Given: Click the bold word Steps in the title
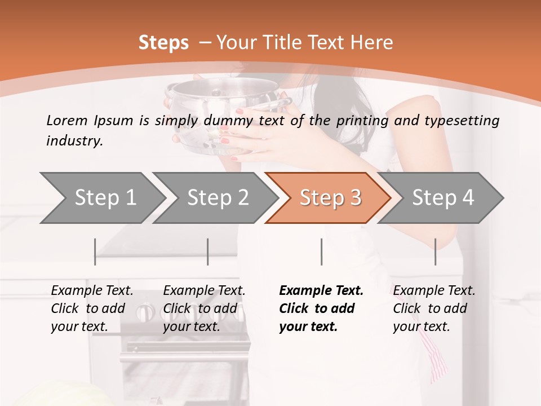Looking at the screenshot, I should pyautogui.click(x=163, y=42).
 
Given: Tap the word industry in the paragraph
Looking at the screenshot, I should pyautogui.click(x=73, y=140).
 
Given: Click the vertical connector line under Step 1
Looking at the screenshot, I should pyautogui.click(x=95, y=251).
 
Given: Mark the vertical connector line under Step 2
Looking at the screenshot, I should pyautogui.click(x=208, y=251).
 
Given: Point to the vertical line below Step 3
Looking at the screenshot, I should pyautogui.click(x=321, y=251).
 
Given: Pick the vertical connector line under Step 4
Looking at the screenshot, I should pyautogui.click(x=435, y=251).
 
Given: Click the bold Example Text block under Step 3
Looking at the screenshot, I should pyautogui.click(x=321, y=308).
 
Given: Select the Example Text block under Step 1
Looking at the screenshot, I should pyautogui.click(x=92, y=308).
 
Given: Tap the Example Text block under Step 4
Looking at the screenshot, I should pyautogui.click(x=434, y=308).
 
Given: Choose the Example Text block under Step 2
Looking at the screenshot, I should pyautogui.click(x=204, y=308).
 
